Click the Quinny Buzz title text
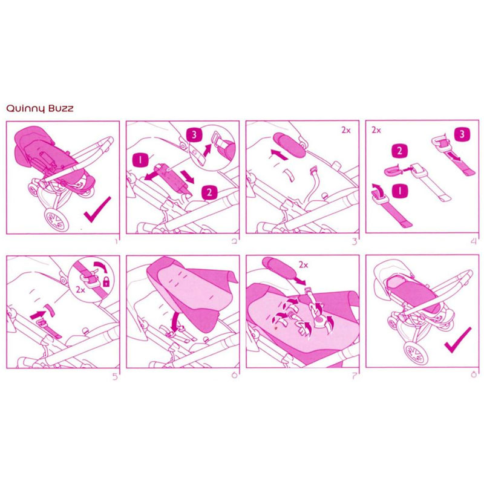click(40, 109)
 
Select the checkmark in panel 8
click(458, 340)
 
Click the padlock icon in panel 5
click(106, 281)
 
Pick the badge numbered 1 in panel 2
click(140, 160)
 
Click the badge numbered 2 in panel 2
click(209, 192)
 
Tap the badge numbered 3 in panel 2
click(194, 134)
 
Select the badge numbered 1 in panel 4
click(400, 191)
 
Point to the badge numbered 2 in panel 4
click(399, 151)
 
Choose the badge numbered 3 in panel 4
click(462, 134)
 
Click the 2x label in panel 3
click(346, 130)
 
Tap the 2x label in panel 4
click(376, 130)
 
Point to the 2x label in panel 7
click(304, 265)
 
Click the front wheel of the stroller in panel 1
click(56, 219)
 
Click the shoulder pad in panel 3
click(289, 144)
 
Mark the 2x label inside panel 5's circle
click(80, 290)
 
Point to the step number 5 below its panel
click(115, 376)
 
